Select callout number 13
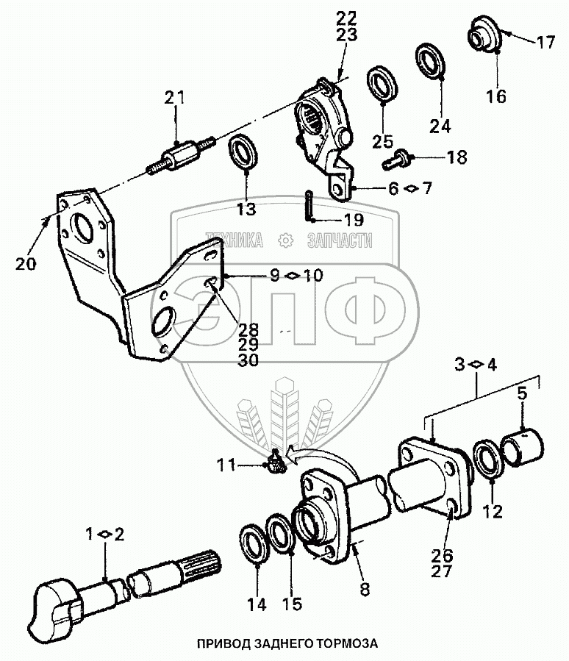coord(247,210)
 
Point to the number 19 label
coord(353,218)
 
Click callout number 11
coord(226,465)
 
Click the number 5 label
coord(522,393)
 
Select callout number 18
coord(455,157)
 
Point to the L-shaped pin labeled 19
coord(309,206)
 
